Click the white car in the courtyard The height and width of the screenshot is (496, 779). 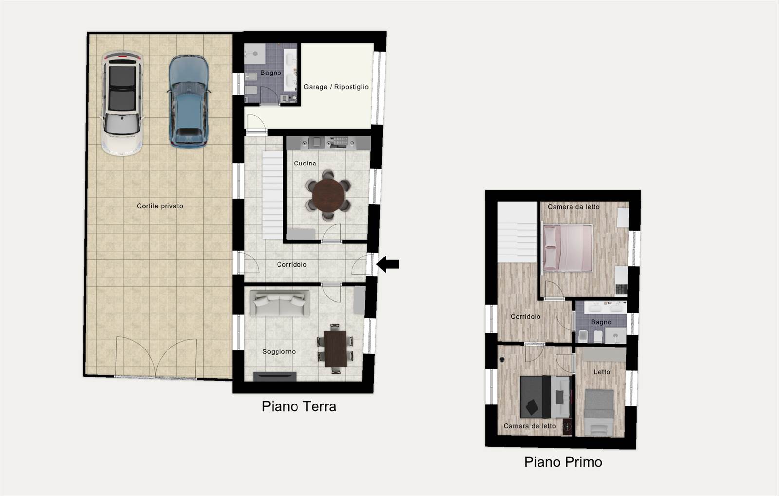(x=122, y=103)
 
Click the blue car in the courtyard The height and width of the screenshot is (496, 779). (x=189, y=102)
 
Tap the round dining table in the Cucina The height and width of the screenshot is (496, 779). (x=328, y=195)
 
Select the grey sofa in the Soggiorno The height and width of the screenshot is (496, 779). (x=279, y=303)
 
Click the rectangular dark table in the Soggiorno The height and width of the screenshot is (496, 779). (x=335, y=349)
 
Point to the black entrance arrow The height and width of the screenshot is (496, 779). (x=388, y=264)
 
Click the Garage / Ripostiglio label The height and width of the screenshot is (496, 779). (x=336, y=87)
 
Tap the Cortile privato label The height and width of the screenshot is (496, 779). (x=160, y=206)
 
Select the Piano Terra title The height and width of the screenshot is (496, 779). (x=299, y=406)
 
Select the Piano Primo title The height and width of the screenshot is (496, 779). (x=563, y=462)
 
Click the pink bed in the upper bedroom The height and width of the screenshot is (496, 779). (x=568, y=248)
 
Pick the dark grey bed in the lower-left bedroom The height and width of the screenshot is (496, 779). (x=545, y=397)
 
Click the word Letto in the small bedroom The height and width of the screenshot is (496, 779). (x=602, y=372)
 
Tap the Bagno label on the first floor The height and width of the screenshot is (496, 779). (x=601, y=322)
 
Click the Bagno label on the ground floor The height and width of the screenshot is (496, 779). (x=271, y=73)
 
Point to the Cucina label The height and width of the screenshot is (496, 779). (x=305, y=164)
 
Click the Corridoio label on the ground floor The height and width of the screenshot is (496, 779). (x=292, y=264)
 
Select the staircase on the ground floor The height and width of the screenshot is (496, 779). (x=273, y=195)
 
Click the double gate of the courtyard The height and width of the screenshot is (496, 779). (x=156, y=358)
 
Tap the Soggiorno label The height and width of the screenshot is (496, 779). (x=279, y=352)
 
